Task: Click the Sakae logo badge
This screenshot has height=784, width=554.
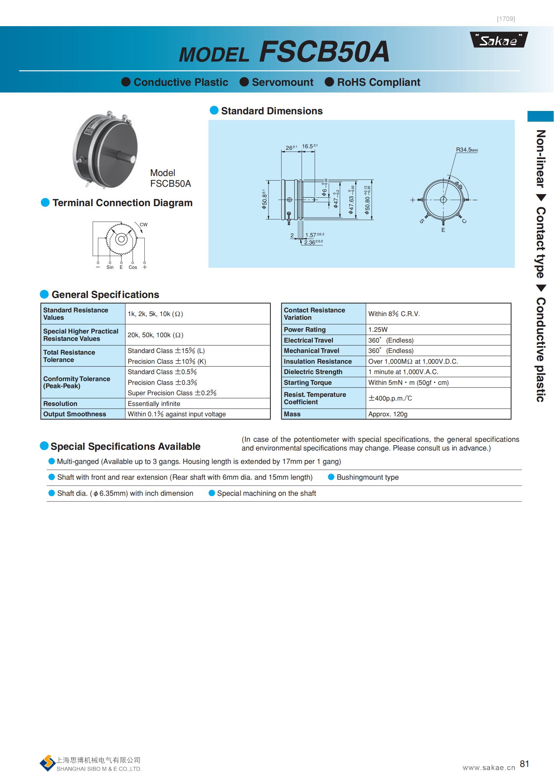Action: point(499,40)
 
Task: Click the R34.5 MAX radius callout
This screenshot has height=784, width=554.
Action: point(467,149)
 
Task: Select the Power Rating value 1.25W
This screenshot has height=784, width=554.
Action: point(378,329)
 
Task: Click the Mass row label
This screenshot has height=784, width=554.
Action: point(292,414)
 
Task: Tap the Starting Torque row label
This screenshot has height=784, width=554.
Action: point(308,382)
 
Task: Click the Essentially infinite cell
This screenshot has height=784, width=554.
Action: point(154,404)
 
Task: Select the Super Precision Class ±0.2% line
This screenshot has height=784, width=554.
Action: point(172,393)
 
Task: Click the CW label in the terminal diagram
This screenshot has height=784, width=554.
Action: point(143,225)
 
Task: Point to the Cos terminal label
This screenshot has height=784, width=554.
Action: point(133,267)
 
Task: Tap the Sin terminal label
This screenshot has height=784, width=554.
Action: point(110,267)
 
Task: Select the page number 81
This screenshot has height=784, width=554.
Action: point(524,764)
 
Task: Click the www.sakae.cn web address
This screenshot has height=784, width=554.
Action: point(489,768)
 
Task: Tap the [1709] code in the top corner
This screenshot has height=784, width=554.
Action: point(506,19)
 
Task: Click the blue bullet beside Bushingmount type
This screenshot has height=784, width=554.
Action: point(331,477)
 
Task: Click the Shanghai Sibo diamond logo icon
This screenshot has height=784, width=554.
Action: point(48,764)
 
